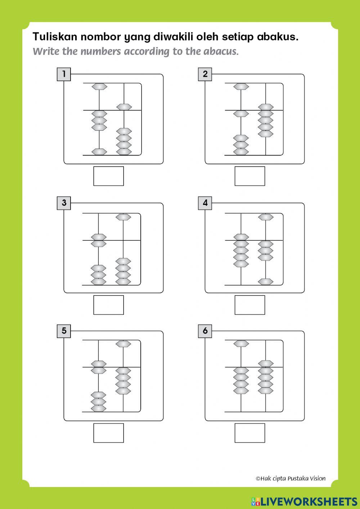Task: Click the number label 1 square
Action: pos(64,74)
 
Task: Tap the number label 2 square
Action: pos(205,74)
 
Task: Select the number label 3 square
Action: pos(64,203)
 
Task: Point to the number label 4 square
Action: pos(205,203)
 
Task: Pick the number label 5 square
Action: pos(64,331)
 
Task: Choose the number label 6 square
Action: pos(205,331)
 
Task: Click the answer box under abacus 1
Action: pos(109,176)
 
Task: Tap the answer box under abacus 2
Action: pos(250,176)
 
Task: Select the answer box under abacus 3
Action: pos(109,305)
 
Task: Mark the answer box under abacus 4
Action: pos(250,305)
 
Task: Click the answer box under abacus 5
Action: pos(109,433)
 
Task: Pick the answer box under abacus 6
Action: pos(250,433)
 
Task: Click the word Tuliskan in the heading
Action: pos(55,37)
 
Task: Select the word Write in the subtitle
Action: pos(46,52)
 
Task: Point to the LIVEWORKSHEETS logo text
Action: pos(304,501)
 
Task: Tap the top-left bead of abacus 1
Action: pos(99,86)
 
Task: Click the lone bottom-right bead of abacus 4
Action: pos(266,282)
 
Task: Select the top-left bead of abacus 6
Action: pos(241,344)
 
